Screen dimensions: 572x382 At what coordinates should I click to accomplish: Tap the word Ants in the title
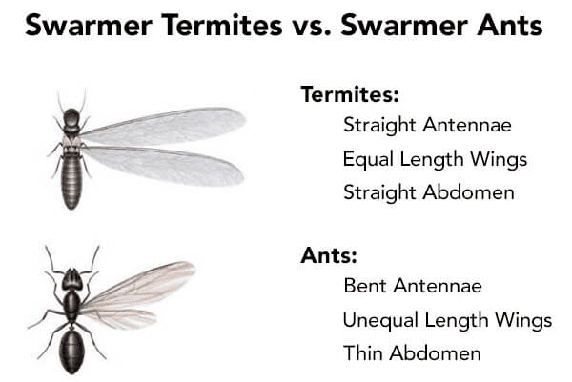click(x=510, y=25)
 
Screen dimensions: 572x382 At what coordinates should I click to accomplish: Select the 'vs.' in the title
click(x=312, y=27)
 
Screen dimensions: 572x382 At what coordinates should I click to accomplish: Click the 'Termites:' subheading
click(x=350, y=94)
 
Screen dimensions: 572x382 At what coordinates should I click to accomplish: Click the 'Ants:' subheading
click(x=329, y=255)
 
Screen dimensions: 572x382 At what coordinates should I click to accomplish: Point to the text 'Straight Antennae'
click(x=427, y=125)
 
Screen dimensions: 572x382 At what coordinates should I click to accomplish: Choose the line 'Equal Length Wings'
click(x=435, y=159)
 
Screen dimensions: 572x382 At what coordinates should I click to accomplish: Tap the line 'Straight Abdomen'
click(x=429, y=192)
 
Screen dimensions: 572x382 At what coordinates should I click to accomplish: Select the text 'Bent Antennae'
click(x=413, y=286)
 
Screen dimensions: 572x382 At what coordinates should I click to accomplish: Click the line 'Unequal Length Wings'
click(x=447, y=320)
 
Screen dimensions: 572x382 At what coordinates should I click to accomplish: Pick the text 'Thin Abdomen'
click(x=412, y=352)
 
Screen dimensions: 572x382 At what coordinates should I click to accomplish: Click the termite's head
click(x=71, y=116)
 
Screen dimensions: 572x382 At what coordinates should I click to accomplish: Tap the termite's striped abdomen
click(x=71, y=181)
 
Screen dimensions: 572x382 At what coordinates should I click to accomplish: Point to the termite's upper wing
click(x=162, y=126)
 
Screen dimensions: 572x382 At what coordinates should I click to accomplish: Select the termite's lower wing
click(x=163, y=166)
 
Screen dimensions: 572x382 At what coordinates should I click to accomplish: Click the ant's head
click(x=71, y=279)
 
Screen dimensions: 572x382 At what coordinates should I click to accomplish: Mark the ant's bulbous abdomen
click(x=71, y=351)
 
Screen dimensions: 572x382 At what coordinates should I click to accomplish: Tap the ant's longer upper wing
click(x=138, y=286)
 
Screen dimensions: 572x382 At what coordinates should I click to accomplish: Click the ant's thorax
click(x=71, y=306)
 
